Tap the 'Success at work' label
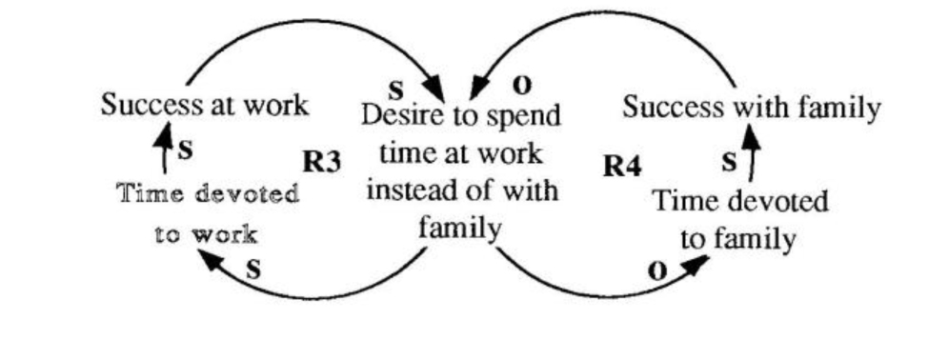(x=205, y=105)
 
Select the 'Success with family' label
(x=751, y=108)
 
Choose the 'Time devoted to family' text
(x=739, y=220)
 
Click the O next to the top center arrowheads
(x=521, y=86)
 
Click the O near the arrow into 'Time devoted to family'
(x=656, y=270)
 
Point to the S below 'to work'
(x=253, y=269)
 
